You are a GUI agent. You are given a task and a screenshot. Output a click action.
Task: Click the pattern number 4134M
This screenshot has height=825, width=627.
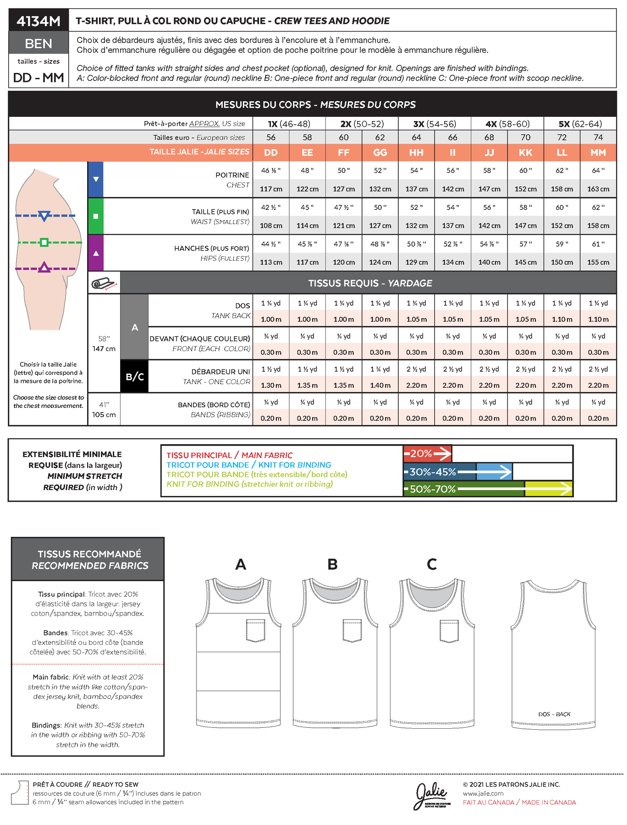click(x=38, y=21)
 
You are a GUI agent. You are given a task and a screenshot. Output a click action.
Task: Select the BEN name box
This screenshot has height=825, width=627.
click(x=38, y=44)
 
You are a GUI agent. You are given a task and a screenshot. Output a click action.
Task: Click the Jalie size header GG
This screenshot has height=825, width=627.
click(x=380, y=153)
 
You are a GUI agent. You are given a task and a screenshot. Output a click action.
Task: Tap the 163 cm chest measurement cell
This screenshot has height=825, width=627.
click(x=598, y=189)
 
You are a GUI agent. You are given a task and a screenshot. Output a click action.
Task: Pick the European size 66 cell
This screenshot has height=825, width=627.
click(x=452, y=137)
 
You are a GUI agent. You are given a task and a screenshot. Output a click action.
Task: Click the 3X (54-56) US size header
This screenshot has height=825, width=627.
click(x=434, y=124)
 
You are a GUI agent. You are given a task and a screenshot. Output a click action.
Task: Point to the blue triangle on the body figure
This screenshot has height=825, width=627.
click(x=44, y=216)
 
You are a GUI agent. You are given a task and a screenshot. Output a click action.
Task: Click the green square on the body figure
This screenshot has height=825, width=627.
click(x=44, y=242)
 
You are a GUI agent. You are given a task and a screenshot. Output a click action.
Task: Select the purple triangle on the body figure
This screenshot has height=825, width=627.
click(x=44, y=268)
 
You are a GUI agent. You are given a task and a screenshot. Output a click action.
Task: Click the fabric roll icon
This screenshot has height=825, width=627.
click(x=104, y=283)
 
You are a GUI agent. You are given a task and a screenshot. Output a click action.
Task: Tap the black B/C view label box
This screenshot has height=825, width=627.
click(x=134, y=377)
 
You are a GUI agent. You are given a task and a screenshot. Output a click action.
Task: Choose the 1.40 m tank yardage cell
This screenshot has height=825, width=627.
click(x=380, y=385)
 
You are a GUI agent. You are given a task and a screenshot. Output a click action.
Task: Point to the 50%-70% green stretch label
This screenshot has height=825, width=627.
click(x=432, y=489)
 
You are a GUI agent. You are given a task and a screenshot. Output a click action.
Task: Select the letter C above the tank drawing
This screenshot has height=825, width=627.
click(x=431, y=564)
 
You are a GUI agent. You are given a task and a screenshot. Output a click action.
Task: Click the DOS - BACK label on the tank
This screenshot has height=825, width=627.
click(x=554, y=714)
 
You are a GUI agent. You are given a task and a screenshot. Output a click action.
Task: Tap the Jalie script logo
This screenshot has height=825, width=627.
click(x=430, y=796)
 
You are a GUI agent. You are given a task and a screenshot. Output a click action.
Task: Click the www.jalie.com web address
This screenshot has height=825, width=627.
click(x=483, y=793)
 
